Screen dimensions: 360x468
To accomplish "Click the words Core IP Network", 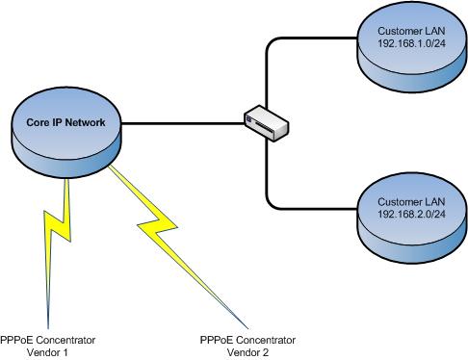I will (x=65, y=123).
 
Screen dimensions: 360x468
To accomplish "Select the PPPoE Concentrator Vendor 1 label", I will (x=48, y=347).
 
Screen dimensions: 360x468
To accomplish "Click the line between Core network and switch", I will (x=183, y=123).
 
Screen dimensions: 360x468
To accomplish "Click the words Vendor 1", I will (x=48, y=352).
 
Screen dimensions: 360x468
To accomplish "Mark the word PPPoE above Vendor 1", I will (x=15, y=341).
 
